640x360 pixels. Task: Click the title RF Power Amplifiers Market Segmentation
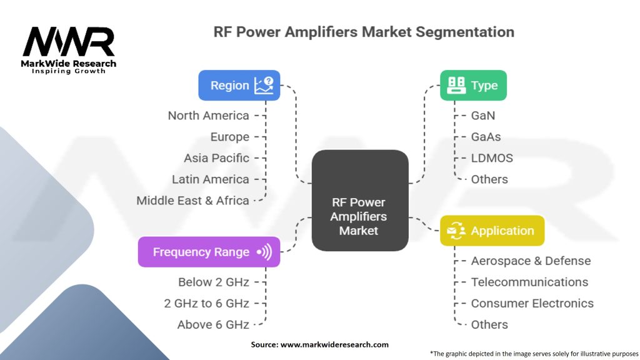[364, 32]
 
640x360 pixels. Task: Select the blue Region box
[239, 86]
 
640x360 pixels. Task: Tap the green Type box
[473, 86]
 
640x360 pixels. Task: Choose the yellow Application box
[492, 231]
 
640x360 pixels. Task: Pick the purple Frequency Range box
[209, 252]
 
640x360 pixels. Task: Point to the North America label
[209, 116]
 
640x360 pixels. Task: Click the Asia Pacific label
[216, 158]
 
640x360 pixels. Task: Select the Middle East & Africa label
[193, 201]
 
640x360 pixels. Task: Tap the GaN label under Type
[483, 116]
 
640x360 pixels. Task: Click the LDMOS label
[492, 158]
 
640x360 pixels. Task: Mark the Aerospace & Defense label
[531, 261]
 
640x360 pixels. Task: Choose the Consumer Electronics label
[532, 303]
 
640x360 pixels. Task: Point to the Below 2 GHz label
[214, 282]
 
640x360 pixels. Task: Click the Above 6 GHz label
[214, 324]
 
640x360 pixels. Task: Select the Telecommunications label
[529, 282]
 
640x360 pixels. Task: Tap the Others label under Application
[489, 324]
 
